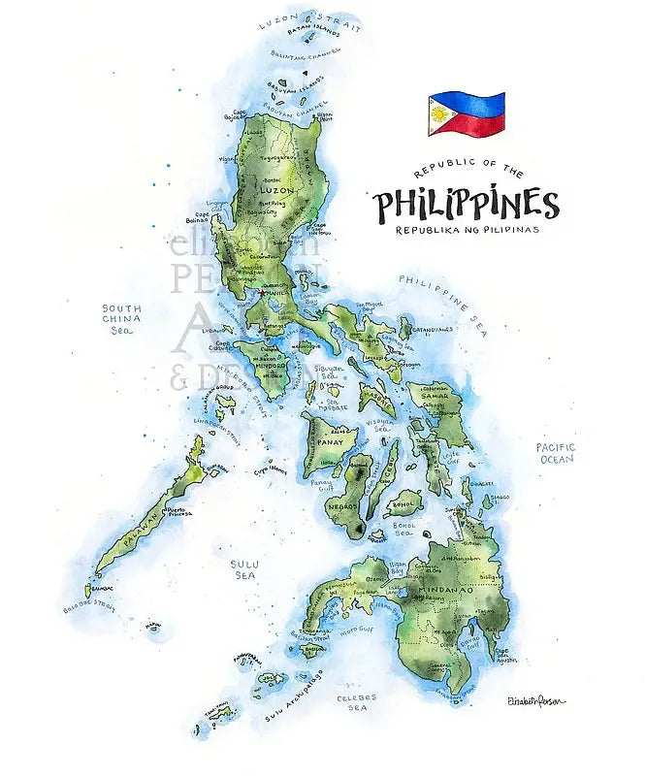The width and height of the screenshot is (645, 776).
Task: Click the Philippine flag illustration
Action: (467, 113)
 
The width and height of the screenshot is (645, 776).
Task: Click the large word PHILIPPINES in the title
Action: (467, 205)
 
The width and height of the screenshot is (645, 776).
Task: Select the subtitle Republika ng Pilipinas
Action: (467, 230)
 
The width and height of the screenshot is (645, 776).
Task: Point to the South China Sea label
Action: (122, 318)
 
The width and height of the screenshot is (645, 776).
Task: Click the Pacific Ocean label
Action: (556, 452)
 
